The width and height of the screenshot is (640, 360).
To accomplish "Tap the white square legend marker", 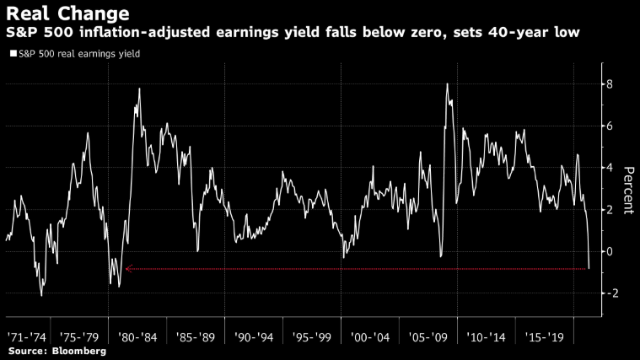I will click(x=13, y=54).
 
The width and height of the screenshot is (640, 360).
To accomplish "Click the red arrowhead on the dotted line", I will click(x=128, y=269).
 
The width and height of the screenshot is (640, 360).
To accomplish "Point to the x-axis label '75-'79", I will click(x=83, y=336).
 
